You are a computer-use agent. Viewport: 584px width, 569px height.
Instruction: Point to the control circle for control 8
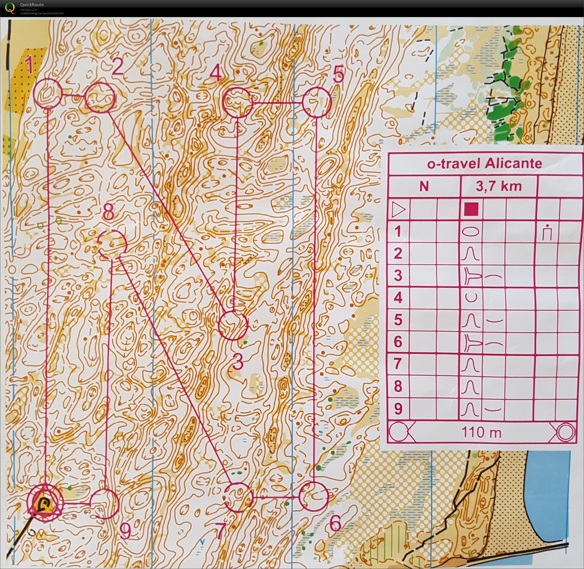pyautogui.click(x=113, y=244)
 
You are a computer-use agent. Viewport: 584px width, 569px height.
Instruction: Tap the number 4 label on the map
pyautogui.click(x=215, y=73)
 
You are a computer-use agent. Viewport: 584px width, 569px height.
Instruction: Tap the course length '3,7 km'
pyautogui.click(x=498, y=186)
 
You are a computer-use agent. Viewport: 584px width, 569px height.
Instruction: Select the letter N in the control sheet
pyautogui.click(x=424, y=187)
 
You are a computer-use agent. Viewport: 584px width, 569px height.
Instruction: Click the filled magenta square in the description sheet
pyautogui.click(x=471, y=209)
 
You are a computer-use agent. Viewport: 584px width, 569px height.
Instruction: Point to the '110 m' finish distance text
pyautogui.click(x=481, y=432)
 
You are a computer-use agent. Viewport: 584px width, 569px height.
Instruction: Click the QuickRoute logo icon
pyautogui.click(x=10, y=8)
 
